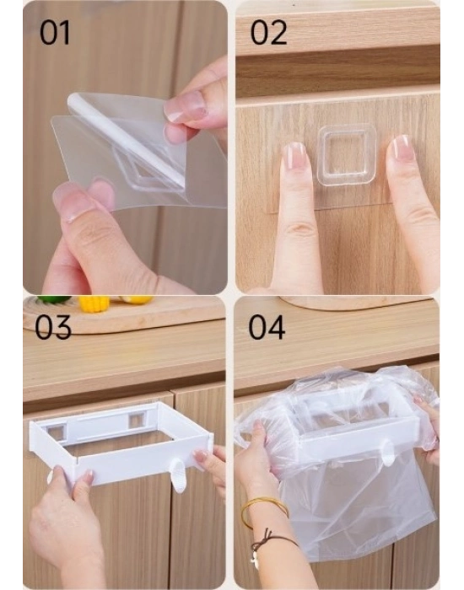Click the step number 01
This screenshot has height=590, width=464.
point(55,32)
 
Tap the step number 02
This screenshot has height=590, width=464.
point(268,32)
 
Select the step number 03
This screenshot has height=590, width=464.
point(52,327)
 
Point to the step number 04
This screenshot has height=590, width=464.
point(267,327)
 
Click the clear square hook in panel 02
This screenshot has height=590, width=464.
point(347,156)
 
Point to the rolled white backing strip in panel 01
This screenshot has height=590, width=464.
point(126,139)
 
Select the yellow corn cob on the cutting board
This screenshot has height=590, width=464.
point(94,303)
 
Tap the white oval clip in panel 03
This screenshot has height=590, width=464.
point(178,475)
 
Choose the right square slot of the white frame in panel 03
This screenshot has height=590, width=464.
point(136,421)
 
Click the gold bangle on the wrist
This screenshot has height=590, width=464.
point(264,512)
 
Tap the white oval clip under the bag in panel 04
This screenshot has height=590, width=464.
point(387,453)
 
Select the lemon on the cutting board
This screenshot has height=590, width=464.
point(138,299)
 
